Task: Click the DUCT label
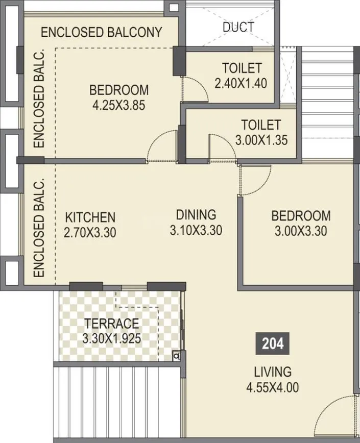pos(239,27)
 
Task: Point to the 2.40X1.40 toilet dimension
pos(241,83)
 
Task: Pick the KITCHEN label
pos(90,217)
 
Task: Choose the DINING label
pos(196,214)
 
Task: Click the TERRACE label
pos(112,323)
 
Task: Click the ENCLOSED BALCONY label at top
pos(101,32)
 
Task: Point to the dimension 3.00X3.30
pos(301,231)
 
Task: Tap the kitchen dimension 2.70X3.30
pos(90,232)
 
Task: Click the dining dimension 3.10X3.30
pos(196,230)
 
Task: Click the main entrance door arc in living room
pos(334,419)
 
